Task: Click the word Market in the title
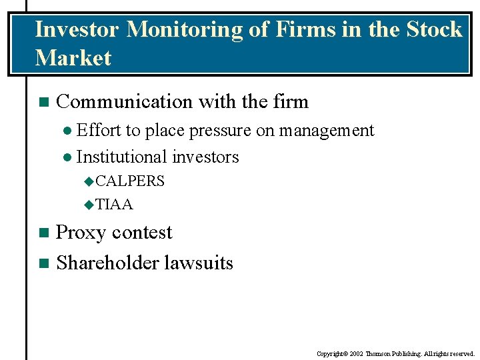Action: coord(73,58)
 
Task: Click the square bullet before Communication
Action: coord(43,103)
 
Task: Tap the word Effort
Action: coord(99,130)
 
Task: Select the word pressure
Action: coord(220,131)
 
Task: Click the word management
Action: coord(326,131)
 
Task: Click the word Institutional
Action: coord(121,157)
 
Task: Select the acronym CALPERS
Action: coord(130,181)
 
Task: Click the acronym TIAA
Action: coord(115,204)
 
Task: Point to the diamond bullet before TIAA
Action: coord(89,205)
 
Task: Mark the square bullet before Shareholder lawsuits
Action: coord(43,263)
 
